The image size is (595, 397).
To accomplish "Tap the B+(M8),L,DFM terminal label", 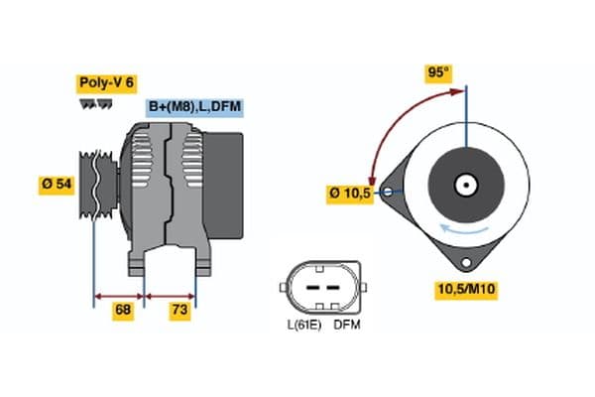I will click(194, 106).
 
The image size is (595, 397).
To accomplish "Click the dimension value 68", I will click(122, 311).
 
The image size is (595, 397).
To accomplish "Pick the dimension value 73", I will click(179, 311).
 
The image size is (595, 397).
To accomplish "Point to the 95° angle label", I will click(438, 72).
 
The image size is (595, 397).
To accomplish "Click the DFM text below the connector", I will click(347, 325).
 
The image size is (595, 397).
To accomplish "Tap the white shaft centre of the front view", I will click(463, 185).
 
